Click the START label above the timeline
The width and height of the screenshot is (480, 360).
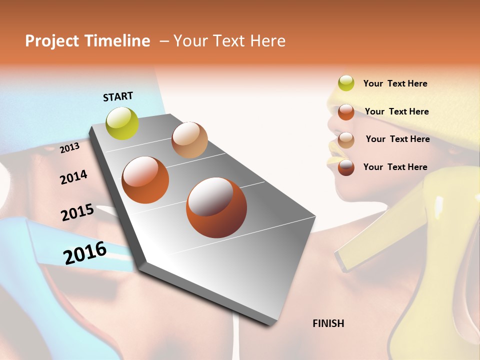[x=118, y=96]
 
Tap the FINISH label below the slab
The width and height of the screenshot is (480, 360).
[x=328, y=323]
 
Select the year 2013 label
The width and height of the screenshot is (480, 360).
[x=70, y=147]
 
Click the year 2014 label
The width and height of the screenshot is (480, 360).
[x=73, y=177]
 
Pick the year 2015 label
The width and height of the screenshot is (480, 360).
[x=77, y=212]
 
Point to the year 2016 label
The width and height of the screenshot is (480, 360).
[x=85, y=253]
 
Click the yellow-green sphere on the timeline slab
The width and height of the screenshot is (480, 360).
[x=122, y=123]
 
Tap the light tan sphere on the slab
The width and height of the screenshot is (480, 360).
[x=189, y=140]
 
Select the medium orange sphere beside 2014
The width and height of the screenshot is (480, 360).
[x=145, y=180]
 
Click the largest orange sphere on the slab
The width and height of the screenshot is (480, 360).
[x=216, y=207]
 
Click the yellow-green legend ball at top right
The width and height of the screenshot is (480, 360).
[x=346, y=83]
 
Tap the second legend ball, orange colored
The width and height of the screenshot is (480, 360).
[x=346, y=111]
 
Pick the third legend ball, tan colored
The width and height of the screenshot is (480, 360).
[x=346, y=139]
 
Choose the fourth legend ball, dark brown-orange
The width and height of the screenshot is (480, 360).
[x=346, y=167]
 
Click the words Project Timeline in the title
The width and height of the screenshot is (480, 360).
[x=87, y=41]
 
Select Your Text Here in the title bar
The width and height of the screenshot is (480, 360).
[x=229, y=41]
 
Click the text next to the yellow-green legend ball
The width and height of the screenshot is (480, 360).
[x=395, y=83]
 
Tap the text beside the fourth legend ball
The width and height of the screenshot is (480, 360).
[x=395, y=167]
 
